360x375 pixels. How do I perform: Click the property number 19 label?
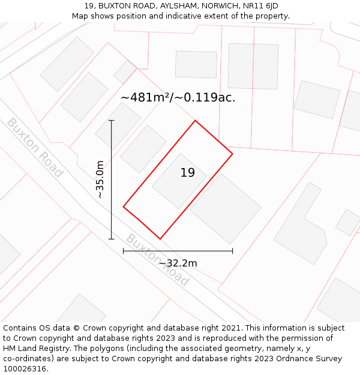pyautogui.click(x=188, y=173)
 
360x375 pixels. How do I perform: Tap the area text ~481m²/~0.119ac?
pyautogui.click(x=178, y=98)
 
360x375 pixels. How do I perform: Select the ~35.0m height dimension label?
pyautogui.click(x=100, y=179)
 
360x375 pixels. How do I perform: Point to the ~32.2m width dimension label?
pyautogui.click(x=178, y=263)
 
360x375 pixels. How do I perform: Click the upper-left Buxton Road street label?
pyautogui.click(x=35, y=148)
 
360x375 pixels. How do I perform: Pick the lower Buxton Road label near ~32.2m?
pyautogui.click(x=157, y=260)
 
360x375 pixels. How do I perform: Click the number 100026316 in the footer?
pyautogui.click(x=25, y=368)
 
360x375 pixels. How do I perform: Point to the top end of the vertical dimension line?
pyautogui.click(x=112, y=121)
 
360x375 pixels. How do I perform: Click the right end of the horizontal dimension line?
pyautogui.click(x=232, y=251)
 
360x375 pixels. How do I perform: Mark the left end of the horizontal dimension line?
pyautogui.click(x=124, y=251)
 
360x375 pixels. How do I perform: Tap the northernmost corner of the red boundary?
pyautogui.click(x=195, y=121)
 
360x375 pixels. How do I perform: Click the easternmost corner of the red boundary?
pyautogui.click(x=232, y=154)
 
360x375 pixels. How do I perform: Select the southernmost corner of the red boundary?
pyautogui.click(x=160, y=239)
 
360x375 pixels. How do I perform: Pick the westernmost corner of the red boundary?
pyautogui.click(x=124, y=207)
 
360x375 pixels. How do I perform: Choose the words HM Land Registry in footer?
pyautogui.click(x=32, y=348)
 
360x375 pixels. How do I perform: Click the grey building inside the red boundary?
pyautogui.click(x=179, y=181)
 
